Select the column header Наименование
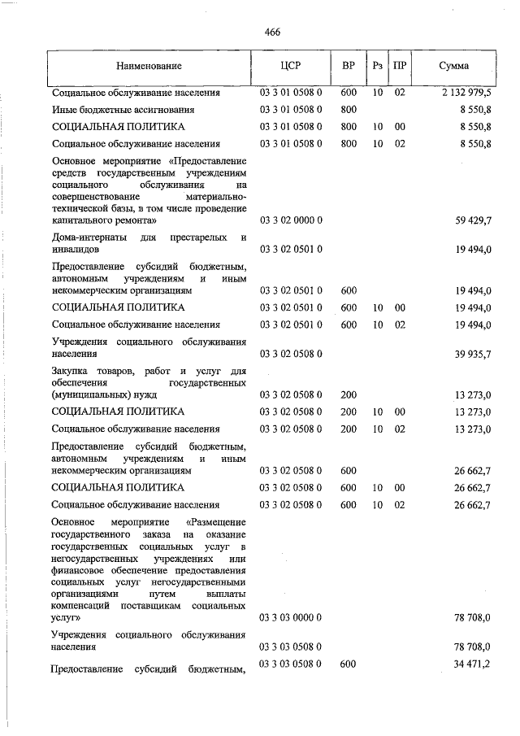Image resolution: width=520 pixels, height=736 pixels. pyautogui.click(x=149, y=65)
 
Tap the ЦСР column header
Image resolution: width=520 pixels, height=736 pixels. pyautogui.click(x=291, y=65)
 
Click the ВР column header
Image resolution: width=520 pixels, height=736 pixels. pyautogui.click(x=348, y=65)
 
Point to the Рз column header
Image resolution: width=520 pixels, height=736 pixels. pyautogui.click(x=377, y=65)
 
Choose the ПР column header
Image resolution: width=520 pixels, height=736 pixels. pyautogui.click(x=399, y=65)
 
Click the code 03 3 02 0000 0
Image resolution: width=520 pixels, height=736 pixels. pyautogui.click(x=291, y=220)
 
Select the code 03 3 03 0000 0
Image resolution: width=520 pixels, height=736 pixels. pyautogui.click(x=291, y=618)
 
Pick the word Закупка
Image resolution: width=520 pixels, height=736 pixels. pyautogui.click(x=70, y=371)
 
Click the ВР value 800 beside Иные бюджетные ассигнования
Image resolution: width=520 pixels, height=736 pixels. pyautogui.click(x=349, y=110)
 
